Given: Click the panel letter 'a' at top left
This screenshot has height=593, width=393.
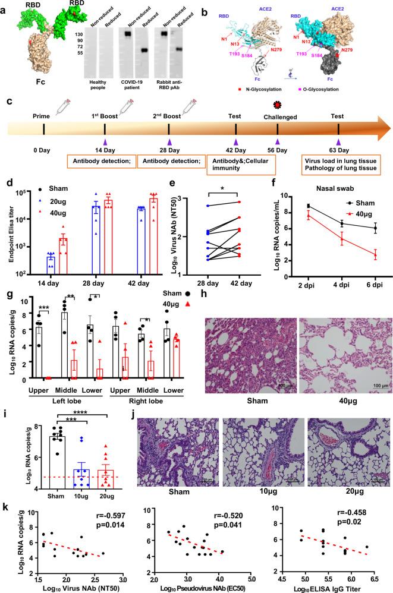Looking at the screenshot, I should pos(5,5).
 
